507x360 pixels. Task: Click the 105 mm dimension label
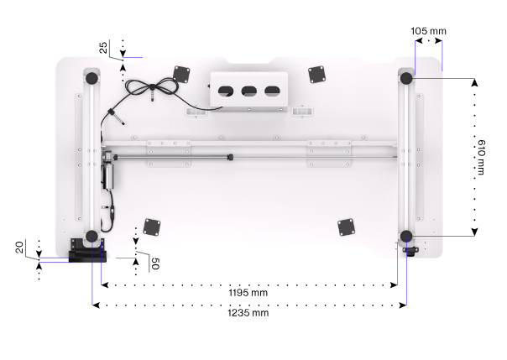(x=428, y=31)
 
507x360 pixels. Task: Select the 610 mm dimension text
(x=481, y=158)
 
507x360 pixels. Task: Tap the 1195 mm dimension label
(x=248, y=293)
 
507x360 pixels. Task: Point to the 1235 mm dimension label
(x=248, y=313)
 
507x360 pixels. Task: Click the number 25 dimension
(x=103, y=48)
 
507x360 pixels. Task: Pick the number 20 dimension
(x=19, y=248)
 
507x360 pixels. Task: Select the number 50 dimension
(x=155, y=263)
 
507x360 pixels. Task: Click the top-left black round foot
(x=91, y=78)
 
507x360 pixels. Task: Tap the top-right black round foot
(x=406, y=78)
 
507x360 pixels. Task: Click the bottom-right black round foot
(x=406, y=237)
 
